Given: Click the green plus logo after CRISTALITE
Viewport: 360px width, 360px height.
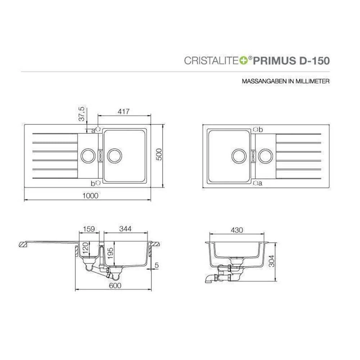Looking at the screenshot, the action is [244, 60].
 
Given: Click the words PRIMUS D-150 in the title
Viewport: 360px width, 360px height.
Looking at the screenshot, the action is [291, 61].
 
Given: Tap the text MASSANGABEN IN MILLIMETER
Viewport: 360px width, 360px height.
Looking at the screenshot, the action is [285, 81].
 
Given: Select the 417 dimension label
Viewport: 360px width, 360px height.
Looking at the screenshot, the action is [123, 111].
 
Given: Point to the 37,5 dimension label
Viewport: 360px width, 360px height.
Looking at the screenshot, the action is [82, 114].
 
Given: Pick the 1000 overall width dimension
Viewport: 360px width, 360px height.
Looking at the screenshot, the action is [90, 195].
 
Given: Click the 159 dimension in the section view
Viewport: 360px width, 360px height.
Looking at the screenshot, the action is [89, 229].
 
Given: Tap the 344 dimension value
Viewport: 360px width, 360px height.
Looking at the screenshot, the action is [125, 229].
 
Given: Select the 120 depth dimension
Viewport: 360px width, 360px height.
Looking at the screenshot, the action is [85, 248].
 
